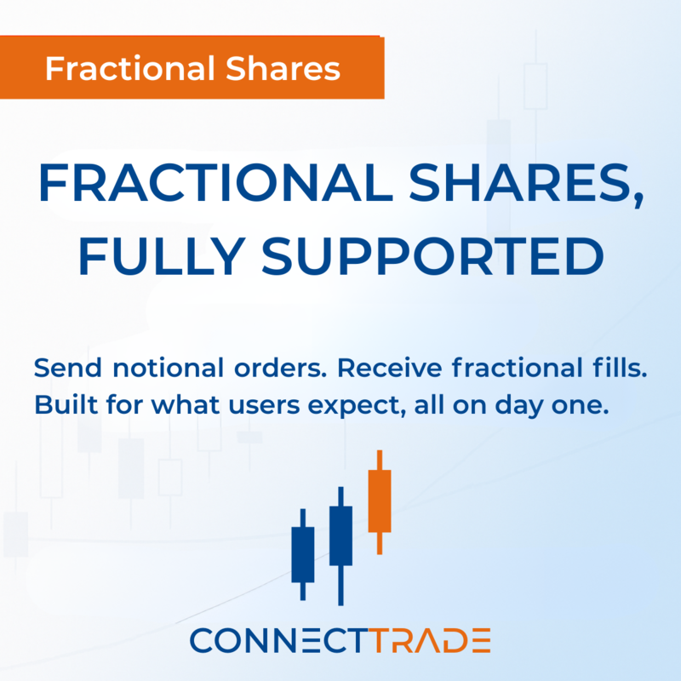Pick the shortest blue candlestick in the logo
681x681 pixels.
pyautogui.click(x=302, y=553)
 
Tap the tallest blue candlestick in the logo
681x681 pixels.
pyautogui.click(x=340, y=536)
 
